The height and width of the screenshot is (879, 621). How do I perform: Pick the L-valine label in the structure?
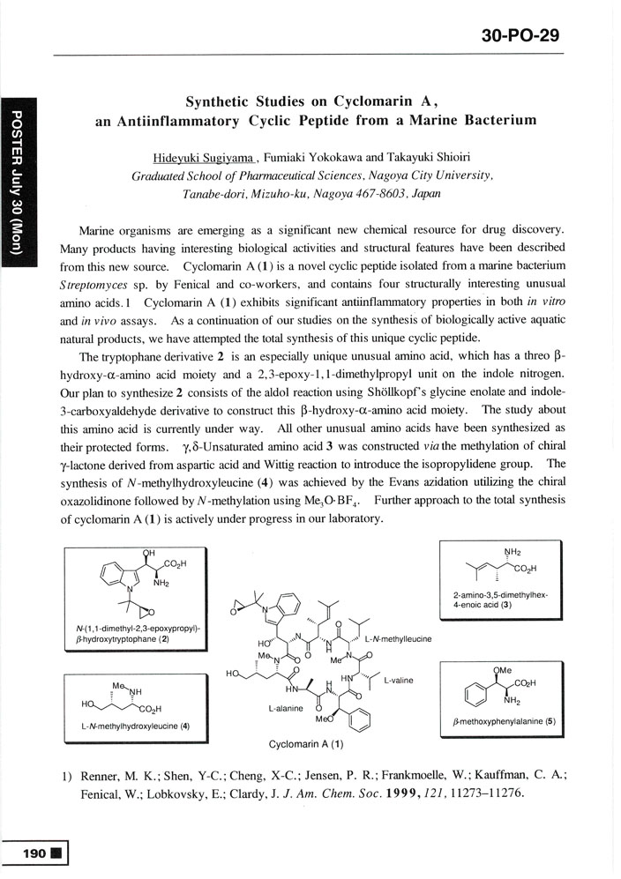pyautogui.click(x=399, y=681)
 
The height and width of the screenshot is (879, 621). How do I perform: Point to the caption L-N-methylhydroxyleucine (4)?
pyautogui.click(x=131, y=726)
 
